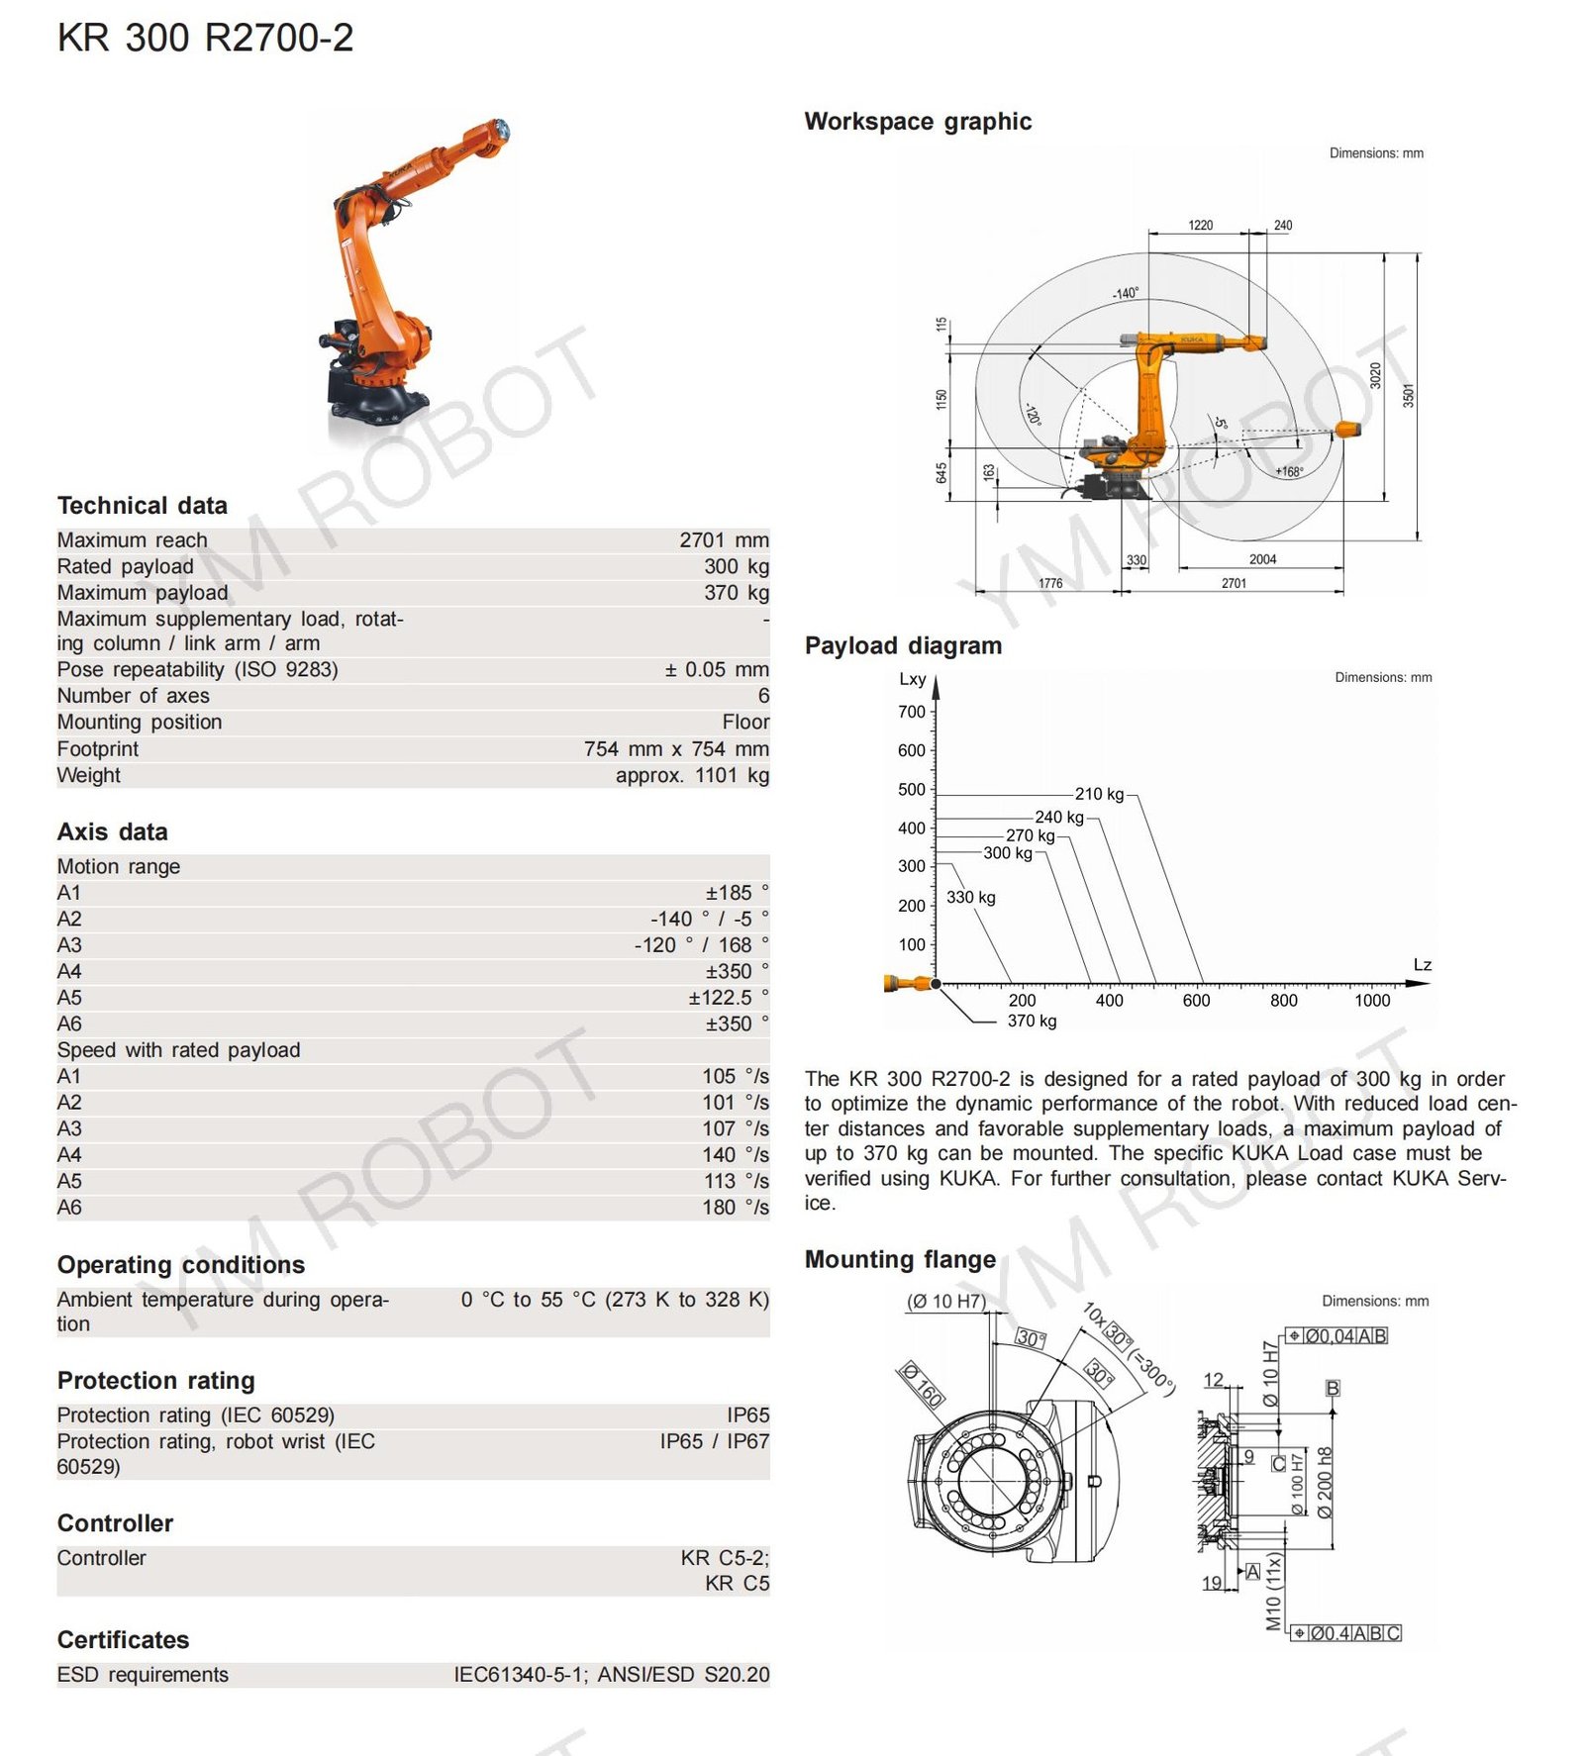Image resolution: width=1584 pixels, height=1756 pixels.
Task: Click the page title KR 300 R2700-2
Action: [x=205, y=39]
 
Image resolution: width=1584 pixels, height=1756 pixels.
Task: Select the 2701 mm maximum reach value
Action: [x=723, y=540]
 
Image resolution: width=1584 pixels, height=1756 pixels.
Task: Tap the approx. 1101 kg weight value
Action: [x=691, y=775]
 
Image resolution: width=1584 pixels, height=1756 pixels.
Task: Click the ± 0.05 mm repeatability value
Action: [x=716, y=670]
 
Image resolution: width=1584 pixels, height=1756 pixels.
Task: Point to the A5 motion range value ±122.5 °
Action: [x=728, y=998]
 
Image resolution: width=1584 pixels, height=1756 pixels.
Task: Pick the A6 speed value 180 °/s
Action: [x=735, y=1208]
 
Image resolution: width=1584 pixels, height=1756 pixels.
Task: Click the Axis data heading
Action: [x=113, y=832]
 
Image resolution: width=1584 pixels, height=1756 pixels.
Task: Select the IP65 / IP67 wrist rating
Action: [x=714, y=1441]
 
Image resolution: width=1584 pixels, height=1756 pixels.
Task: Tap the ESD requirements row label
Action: [x=143, y=1675]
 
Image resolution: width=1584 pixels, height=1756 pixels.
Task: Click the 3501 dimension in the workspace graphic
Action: [x=1408, y=396]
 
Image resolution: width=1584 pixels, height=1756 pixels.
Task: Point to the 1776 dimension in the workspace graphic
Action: [x=1050, y=583]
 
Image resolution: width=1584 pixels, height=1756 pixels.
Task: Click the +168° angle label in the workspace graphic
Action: [x=1289, y=472]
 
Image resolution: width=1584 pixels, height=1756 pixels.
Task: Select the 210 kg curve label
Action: [x=1099, y=794]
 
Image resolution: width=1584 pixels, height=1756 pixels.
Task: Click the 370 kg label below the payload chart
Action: [x=1032, y=1021]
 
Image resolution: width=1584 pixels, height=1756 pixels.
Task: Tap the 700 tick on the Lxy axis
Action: [x=911, y=712]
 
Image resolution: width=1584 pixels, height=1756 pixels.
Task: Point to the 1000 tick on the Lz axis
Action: [x=1371, y=1001]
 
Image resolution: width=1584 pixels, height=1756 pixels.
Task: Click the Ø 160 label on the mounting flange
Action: [x=922, y=1385]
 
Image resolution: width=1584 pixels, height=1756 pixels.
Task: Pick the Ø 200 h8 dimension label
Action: [x=1325, y=1482]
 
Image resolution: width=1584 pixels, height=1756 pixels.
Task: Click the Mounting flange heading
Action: [x=900, y=1259]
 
